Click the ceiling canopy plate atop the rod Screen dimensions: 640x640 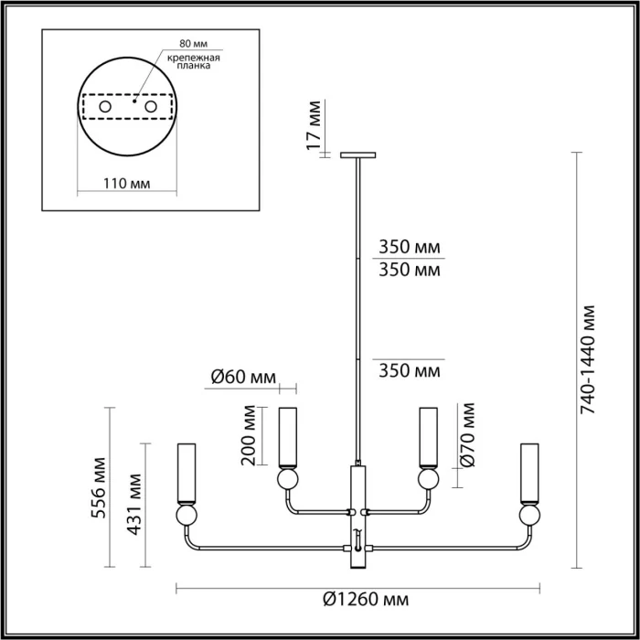coord(357,155)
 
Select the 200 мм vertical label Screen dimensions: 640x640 coord(248,436)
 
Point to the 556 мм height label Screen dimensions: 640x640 coord(103,493)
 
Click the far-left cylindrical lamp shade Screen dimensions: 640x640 coord(187,474)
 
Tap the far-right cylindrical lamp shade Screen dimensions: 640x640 coord(528,474)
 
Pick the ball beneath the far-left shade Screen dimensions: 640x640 coord(187,517)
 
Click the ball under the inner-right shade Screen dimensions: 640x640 coord(426,478)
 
